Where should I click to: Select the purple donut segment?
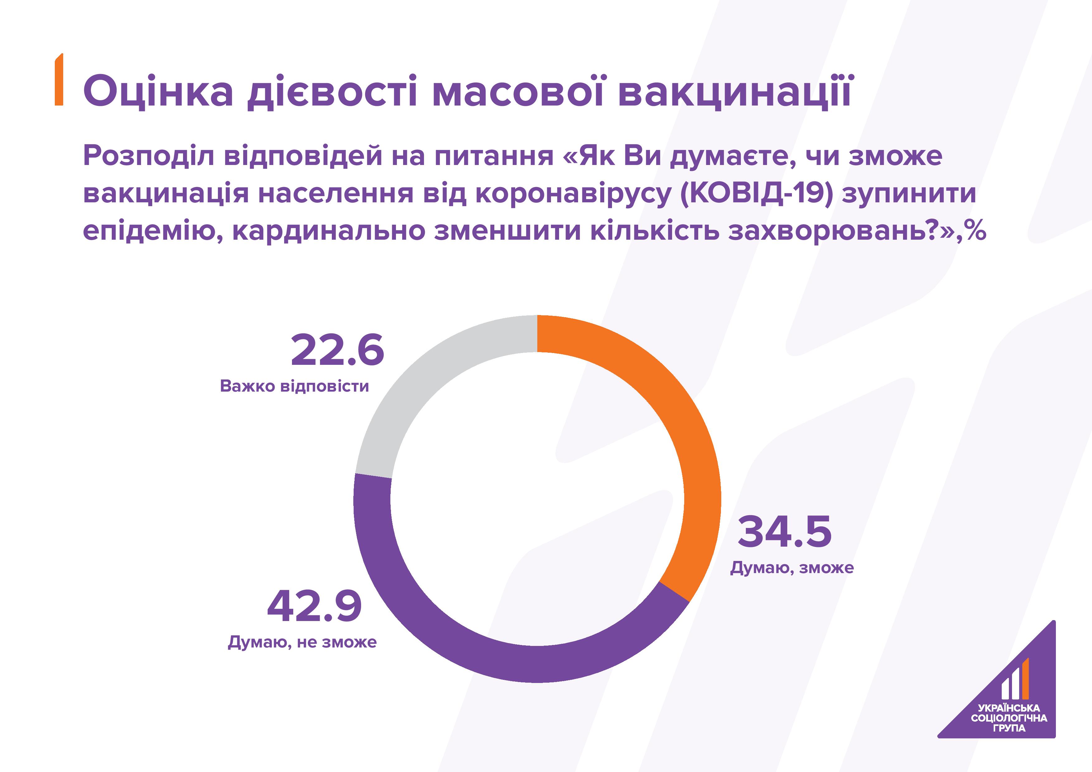(x=476, y=652)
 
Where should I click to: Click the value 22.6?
(x=337, y=351)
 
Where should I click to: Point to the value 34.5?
(x=785, y=531)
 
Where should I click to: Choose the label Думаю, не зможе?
(x=303, y=642)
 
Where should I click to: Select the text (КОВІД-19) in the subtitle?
(x=757, y=194)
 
